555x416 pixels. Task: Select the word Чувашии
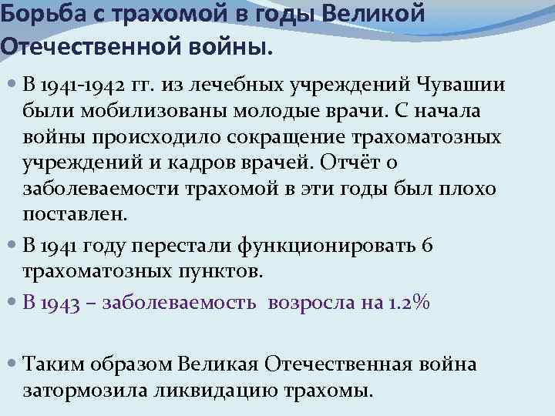point(462,84)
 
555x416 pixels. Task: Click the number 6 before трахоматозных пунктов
point(428,244)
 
